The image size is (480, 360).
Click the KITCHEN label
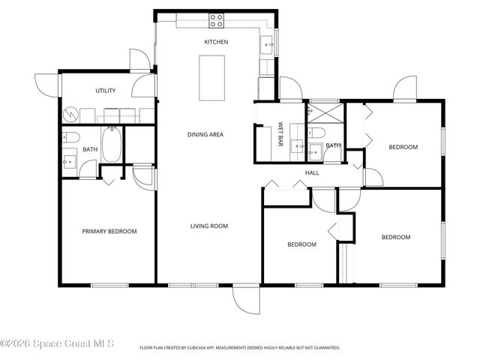[x=216, y=42]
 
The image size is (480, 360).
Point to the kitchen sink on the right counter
[x=268, y=44]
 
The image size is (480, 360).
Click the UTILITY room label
[x=105, y=91]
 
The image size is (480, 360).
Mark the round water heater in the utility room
[x=70, y=115]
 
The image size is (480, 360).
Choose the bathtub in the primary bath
[x=112, y=145]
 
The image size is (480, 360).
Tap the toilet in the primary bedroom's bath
[x=70, y=137]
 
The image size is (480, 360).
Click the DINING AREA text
[x=205, y=135]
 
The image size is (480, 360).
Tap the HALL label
[x=312, y=173]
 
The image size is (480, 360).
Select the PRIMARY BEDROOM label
[x=109, y=232]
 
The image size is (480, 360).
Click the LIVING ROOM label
[x=208, y=226]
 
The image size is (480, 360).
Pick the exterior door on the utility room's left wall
[x=46, y=84]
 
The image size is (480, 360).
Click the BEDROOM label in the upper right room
[x=403, y=147]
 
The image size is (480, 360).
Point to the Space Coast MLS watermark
[x=57, y=343]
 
